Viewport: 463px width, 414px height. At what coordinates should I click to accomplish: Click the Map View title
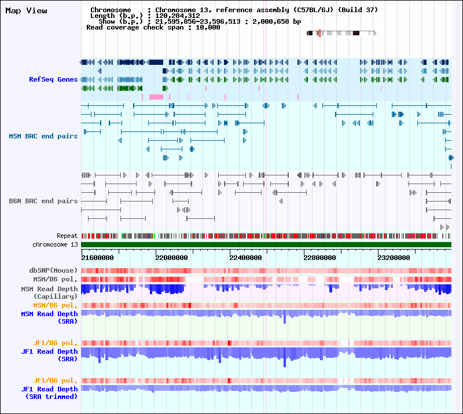[x=26, y=10]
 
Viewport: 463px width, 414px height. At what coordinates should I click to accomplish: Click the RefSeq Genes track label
[x=53, y=79]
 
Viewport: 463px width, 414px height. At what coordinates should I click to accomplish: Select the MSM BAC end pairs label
[x=43, y=136]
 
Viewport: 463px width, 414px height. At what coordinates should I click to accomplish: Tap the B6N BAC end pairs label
[x=43, y=201]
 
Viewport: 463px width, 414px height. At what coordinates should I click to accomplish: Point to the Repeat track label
[x=67, y=236]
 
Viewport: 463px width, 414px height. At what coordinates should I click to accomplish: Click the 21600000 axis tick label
[x=97, y=258]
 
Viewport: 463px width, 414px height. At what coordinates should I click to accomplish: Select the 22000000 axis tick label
[x=171, y=258]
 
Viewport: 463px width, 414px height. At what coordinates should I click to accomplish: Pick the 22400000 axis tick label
[x=245, y=258]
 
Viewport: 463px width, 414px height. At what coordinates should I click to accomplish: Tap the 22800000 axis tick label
[x=319, y=258]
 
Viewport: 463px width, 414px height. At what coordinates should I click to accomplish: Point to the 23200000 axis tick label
[x=394, y=258]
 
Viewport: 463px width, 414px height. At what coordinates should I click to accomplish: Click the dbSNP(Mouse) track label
[x=53, y=270]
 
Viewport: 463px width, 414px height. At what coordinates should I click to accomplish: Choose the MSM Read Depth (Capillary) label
[x=49, y=292]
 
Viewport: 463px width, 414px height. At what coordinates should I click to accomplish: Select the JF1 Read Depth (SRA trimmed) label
[x=50, y=393]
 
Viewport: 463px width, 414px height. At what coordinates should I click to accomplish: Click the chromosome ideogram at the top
[x=341, y=33]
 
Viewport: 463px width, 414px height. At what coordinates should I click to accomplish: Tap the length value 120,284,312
[x=178, y=16]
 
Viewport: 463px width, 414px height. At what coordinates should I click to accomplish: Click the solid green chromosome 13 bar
[x=266, y=245]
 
